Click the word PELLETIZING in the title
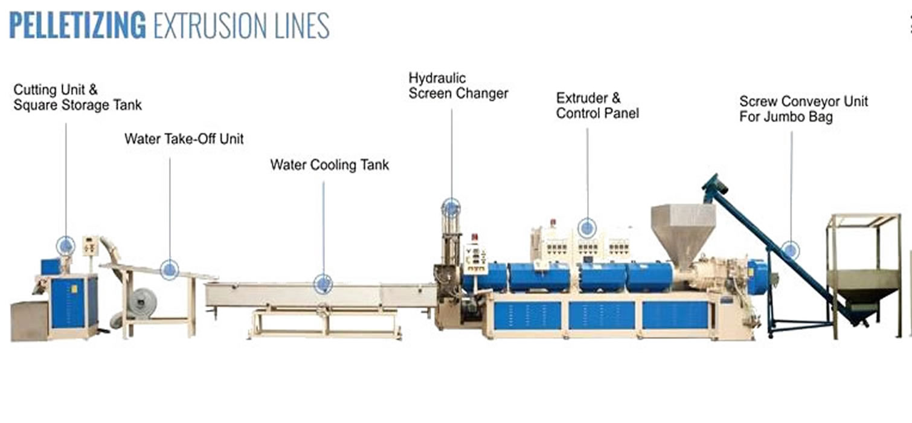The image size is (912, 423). (77, 25)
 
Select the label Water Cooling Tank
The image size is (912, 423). (329, 164)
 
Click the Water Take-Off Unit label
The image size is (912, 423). (184, 139)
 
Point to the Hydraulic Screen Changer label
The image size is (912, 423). (458, 86)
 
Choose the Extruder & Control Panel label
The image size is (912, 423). (597, 106)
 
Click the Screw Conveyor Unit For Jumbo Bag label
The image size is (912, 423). (803, 109)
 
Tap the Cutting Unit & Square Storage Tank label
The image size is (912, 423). (77, 98)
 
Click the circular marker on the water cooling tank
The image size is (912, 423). (323, 283)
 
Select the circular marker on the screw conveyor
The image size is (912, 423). (790, 250)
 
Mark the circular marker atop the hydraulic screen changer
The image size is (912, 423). (451, 208)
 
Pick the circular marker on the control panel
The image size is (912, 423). (586, 228)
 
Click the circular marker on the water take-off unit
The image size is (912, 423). (170, 269)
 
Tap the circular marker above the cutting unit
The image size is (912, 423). (66, 245)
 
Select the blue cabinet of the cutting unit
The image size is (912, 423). (72, 302)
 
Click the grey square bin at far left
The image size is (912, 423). (29, 320)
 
